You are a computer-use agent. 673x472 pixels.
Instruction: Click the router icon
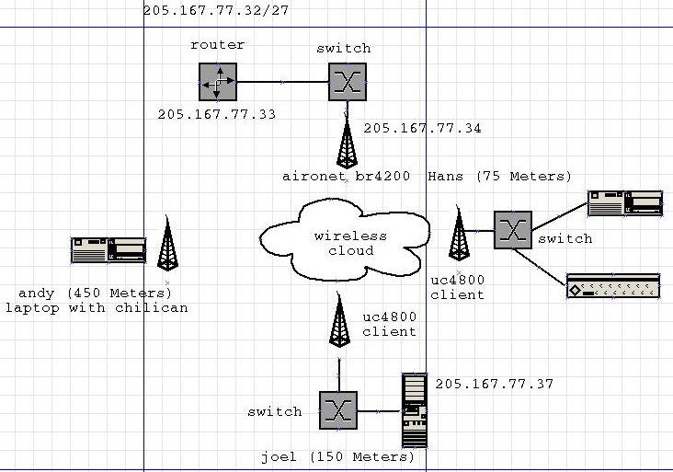tap(218, 82)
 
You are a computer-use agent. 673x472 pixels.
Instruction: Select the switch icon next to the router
tap(348, 82)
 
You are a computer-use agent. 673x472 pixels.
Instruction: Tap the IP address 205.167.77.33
tap(216, 114)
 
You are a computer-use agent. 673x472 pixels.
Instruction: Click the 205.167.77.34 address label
tap(422, 128)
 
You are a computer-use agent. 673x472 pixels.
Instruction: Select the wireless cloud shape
tap(344, 243)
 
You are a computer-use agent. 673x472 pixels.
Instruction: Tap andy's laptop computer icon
tap(108, 250)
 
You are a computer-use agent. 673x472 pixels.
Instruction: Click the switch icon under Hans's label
tap(512, 230)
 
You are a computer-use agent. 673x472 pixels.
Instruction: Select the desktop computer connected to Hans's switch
tap(625, 203)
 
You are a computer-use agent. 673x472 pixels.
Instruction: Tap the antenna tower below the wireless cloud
tap(340, 322)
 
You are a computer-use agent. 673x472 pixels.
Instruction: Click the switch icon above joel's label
tap(337, 409)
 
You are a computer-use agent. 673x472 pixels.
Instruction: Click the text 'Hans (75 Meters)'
tap(499, 176)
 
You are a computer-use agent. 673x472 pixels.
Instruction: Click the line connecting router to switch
tap(282, 82)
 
